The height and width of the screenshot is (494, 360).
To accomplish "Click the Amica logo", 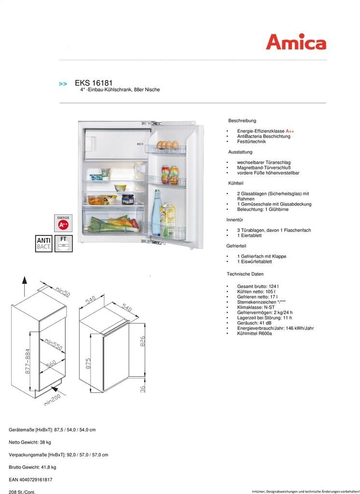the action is (x=296, y=42).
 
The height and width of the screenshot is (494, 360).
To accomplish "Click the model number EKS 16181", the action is (x=94, y=83).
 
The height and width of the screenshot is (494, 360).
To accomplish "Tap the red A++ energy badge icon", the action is (x=63, y=224).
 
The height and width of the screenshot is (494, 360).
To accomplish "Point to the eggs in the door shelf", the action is (x=168, y=144).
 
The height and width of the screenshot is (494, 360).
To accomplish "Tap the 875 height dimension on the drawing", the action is (x=88, y=363).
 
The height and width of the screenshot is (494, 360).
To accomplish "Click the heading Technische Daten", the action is (x=245, y=274).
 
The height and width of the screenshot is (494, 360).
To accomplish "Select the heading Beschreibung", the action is (x=242, y=121).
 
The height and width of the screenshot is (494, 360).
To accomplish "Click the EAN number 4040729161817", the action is (x=30, y=480).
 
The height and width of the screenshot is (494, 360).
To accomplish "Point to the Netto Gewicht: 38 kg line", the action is (x=30, y=442).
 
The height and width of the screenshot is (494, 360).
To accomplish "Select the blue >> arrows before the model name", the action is (x=63, y=84).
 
